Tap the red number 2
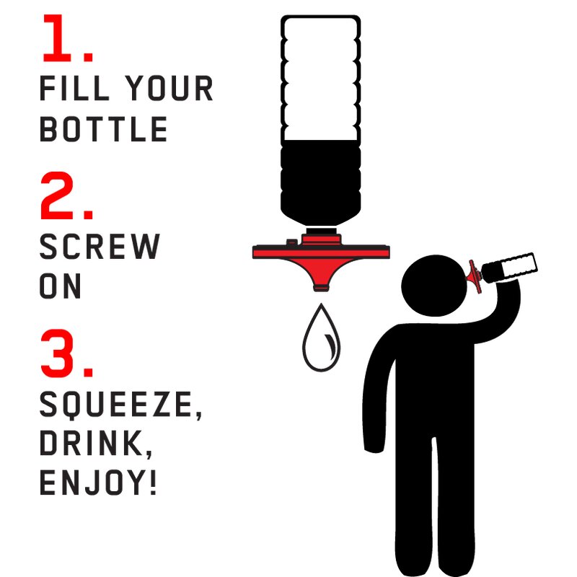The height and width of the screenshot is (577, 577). (x=58, y=195)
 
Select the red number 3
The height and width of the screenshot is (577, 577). (x=58, y=353)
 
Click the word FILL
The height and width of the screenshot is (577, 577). (x=74, y=88)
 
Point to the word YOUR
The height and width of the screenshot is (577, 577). (x=169, y=88)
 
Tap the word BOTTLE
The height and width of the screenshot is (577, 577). (x=103, y=129)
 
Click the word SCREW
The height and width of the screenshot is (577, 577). (x=100, y=247)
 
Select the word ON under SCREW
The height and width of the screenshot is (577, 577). (x=60, y=286)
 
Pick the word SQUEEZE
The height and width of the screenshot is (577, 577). (x=117, y=404)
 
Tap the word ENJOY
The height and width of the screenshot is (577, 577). (x=94, y=483)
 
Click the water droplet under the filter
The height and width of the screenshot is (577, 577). (x=321, y=338)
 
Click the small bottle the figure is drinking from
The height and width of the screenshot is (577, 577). (x=510, y=268)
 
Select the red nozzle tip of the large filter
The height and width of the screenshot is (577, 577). (x=321, y=287)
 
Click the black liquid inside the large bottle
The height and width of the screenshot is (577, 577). (x=320, y=182)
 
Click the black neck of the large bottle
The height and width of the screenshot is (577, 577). (x=321, y=231)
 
